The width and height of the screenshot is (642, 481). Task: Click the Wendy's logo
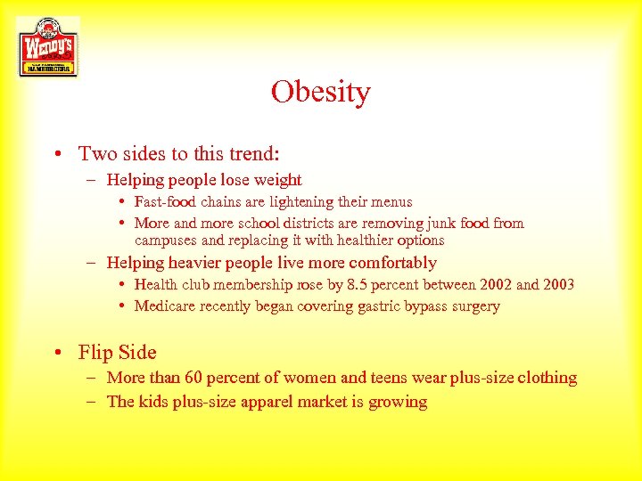(x=47, y=46)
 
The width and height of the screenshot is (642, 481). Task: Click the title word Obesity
(x=321, y=92)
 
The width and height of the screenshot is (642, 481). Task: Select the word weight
(x=277, y=180)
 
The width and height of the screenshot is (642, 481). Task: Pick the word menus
(x=389, y=202)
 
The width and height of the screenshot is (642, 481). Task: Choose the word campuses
(x=167, y=240)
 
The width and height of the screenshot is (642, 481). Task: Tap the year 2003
(x=556, y=284)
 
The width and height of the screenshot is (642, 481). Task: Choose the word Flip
(x=94, y=353)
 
